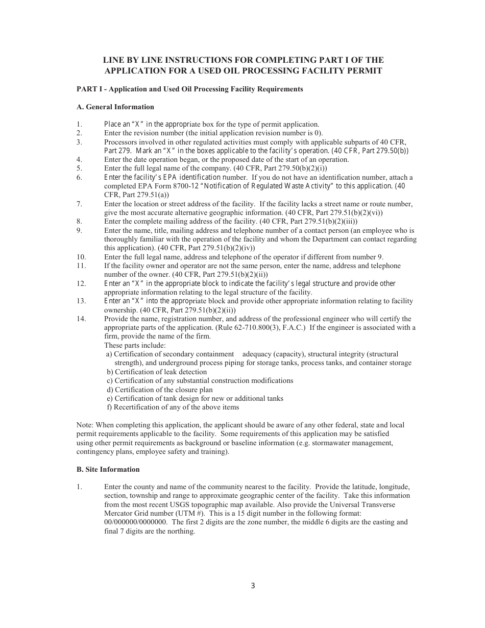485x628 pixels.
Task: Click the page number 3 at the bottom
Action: point(253,586)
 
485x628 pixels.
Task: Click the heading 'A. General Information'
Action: point(115,107)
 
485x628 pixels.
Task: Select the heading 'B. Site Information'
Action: point(108,469)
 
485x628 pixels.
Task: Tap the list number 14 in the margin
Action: point(81,319)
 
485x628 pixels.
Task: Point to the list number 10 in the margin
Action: point(81,257)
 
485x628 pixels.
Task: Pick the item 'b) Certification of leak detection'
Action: point(157,372)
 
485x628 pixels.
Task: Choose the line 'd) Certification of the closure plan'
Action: point(159,390)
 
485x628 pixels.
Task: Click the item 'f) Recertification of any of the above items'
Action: point(173,407)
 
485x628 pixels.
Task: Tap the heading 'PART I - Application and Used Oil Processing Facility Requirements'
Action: point(189,89)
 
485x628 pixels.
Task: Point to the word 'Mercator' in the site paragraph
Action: point(118,513)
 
